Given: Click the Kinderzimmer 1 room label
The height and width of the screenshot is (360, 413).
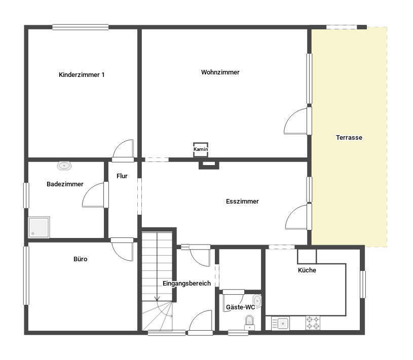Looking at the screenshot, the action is point(82,75).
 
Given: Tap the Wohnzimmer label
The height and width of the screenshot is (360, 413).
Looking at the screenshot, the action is point(220,72).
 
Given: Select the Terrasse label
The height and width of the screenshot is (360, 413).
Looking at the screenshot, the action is point(349,137).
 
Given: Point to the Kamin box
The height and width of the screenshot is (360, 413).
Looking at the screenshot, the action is point(201,150).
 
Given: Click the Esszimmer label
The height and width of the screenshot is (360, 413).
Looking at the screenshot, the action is point(242,202).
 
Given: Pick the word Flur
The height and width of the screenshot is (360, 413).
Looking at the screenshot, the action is point(122,176).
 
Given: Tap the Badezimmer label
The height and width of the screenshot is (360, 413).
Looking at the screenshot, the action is point(65,184).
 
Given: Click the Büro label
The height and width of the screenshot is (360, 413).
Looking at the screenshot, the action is point(81,259).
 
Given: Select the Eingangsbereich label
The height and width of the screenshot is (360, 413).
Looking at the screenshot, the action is point(187,284).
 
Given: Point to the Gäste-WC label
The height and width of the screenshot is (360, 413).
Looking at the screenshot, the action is point(241,307).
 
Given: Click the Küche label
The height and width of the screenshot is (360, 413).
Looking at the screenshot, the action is point(307,270).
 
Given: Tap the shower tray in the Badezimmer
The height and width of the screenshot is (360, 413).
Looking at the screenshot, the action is point(39,227).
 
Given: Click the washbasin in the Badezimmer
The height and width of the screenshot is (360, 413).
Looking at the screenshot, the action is point(64,166).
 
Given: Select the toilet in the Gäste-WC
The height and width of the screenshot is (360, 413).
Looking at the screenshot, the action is point(249,323).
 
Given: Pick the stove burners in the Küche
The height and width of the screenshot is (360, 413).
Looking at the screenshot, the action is point(313,323).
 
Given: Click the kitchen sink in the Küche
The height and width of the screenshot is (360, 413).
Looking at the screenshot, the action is point(281,324).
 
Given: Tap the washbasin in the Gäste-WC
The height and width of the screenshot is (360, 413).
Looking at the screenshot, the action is point(257,301).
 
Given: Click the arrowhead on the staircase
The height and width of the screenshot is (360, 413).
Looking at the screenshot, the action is point(157,299).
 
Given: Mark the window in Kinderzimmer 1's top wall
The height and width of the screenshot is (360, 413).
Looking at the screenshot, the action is point(81,27).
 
